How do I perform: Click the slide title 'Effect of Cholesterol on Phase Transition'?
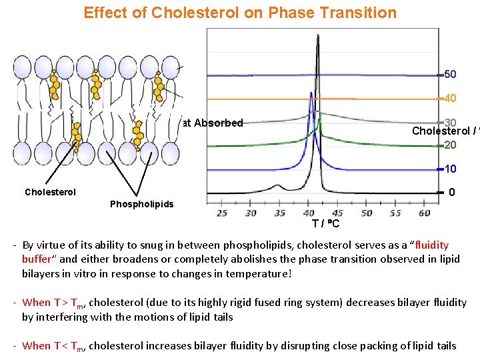pos(239,12)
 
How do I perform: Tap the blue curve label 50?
pos(450,73)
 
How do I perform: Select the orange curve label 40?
pos(450,98)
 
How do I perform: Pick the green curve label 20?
pos(450,145)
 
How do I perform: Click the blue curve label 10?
pos(450,169)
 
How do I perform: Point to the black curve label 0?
pos(452,193)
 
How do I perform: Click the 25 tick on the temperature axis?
pos(222,213)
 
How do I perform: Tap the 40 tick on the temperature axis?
pos(309,213)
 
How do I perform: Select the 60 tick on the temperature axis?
pos(425,213)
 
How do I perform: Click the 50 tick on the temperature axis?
pos(367,213)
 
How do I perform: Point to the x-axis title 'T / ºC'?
pos(325,223)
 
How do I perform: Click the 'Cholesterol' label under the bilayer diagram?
pos(50,192)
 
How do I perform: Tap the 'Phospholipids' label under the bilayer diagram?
pos(141,203)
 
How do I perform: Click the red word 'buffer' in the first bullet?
pos(37,259)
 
